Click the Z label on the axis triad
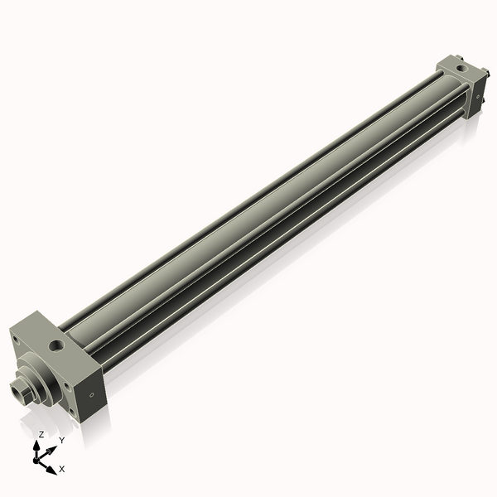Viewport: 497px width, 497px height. tap(41, 434)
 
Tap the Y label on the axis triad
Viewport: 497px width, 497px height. tap(61, 440)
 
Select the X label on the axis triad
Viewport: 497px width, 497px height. tap(62, 469)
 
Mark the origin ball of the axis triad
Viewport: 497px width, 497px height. tap(38, 458)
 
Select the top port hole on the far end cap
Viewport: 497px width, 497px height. tap(465, 63)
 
